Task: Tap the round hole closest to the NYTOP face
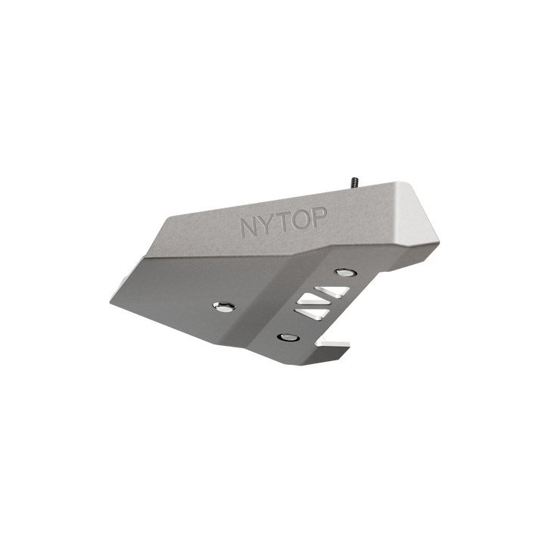coord(345,271)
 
